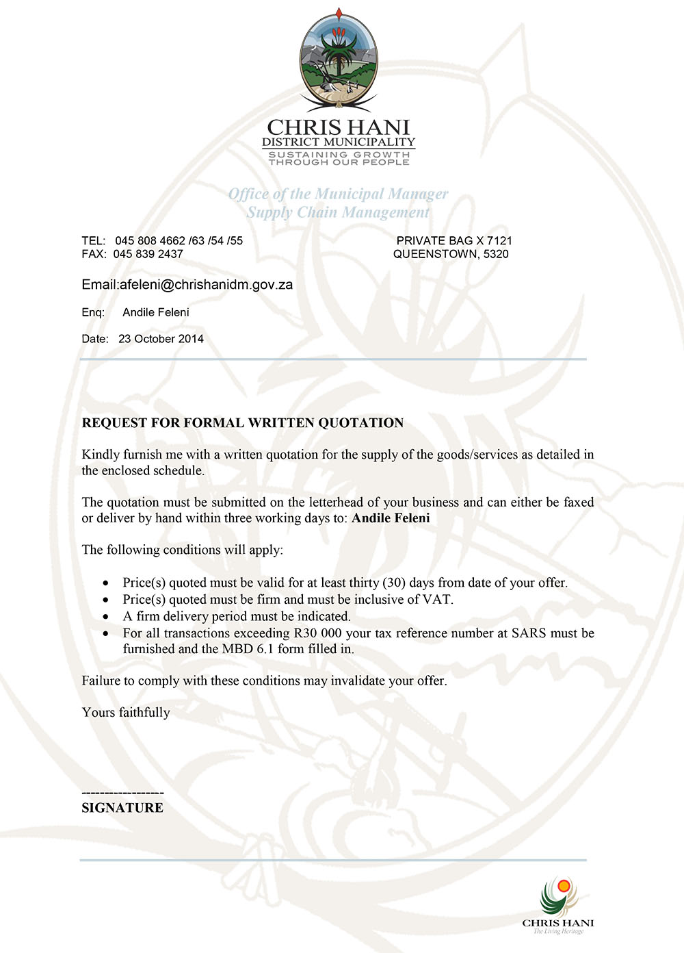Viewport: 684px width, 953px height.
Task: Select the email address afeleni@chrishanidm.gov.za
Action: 206,285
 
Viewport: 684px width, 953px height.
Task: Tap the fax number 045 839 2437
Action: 148,254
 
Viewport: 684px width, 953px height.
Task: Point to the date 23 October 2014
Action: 161,339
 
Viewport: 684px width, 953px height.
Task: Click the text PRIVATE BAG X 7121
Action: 454,241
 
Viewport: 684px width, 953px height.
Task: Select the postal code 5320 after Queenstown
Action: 496,254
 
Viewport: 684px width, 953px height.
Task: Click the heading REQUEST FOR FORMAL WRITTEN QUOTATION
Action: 243,423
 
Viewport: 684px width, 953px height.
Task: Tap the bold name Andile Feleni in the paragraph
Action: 391,518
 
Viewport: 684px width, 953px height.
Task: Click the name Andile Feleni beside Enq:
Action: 156,312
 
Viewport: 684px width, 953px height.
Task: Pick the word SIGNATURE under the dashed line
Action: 122,808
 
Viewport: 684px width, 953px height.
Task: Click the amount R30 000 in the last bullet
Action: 317,633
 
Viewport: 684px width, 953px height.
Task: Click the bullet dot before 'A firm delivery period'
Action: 105,617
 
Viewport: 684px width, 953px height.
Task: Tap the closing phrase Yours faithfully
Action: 126,713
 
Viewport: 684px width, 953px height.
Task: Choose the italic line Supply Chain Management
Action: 339,212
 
